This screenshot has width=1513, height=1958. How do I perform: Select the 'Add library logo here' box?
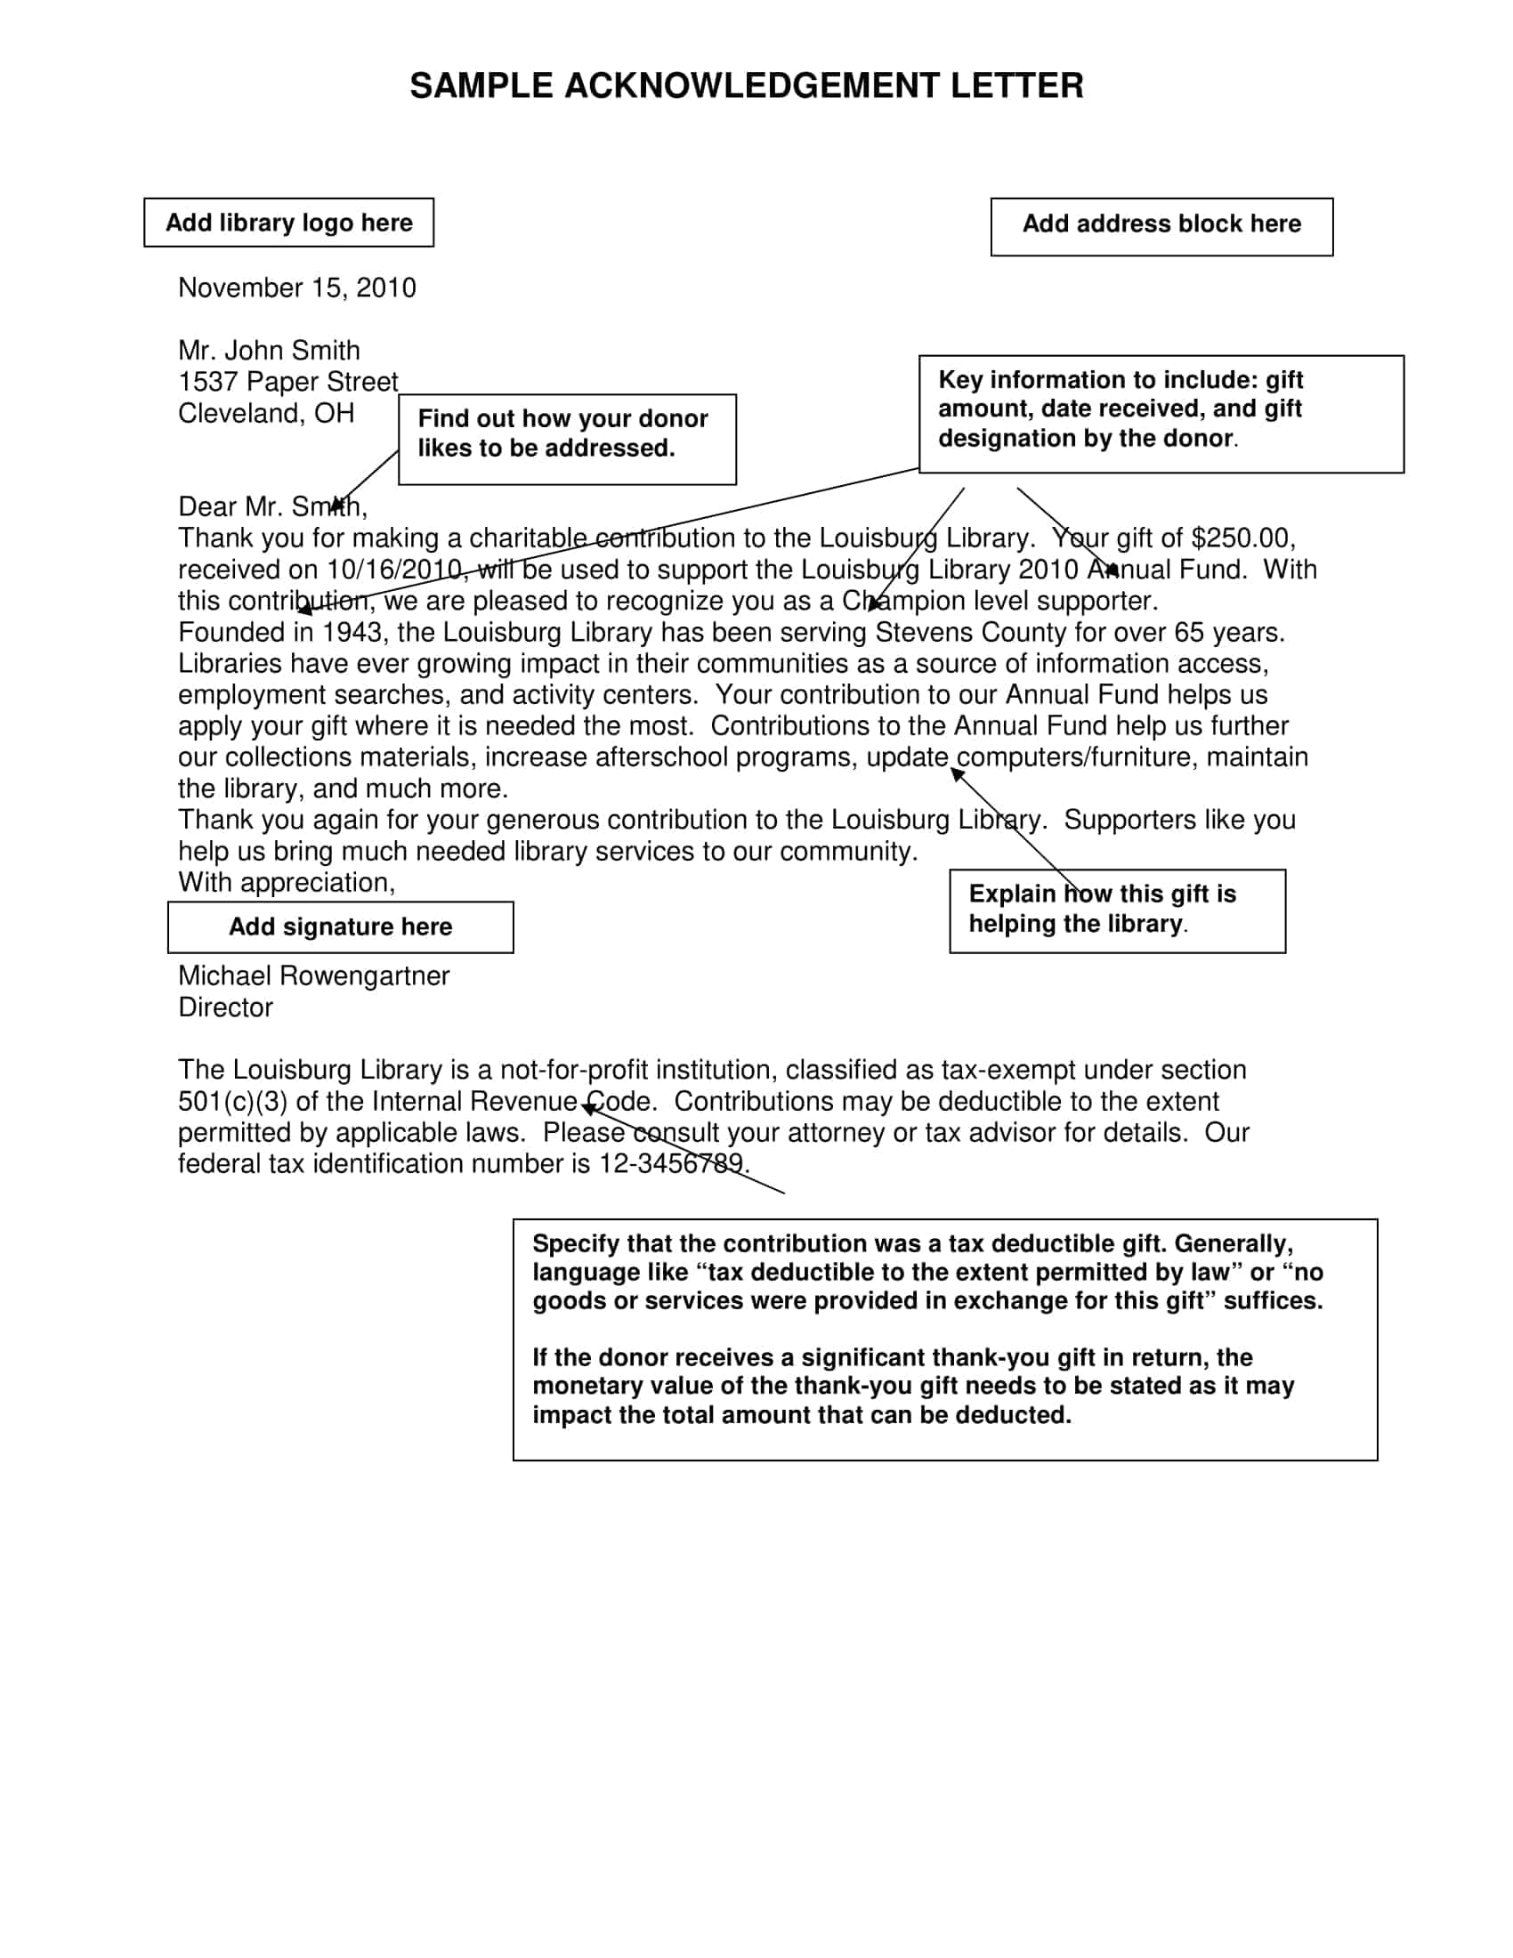tap(288, 222)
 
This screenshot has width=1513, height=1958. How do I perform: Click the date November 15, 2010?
tap(296, 287)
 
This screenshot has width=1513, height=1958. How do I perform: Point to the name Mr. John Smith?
tap(269, 351)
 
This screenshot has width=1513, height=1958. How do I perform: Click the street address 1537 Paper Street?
tap(287, 382)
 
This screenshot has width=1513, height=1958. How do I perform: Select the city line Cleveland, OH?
tap(266, 413)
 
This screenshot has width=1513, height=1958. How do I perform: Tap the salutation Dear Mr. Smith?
tap(271, 507)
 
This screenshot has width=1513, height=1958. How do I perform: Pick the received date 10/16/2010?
tap(393, 570)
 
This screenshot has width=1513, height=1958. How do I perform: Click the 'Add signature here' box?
tap(341, 927)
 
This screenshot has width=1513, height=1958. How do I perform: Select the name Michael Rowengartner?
tap(313, 976)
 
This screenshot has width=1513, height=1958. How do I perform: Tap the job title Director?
tap(225, 1007)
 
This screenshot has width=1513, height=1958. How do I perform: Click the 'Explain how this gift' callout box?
tap(1117, 910)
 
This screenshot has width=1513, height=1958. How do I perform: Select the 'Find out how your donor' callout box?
tap(566, 439)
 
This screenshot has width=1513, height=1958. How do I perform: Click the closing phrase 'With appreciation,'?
tap(286, 883)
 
